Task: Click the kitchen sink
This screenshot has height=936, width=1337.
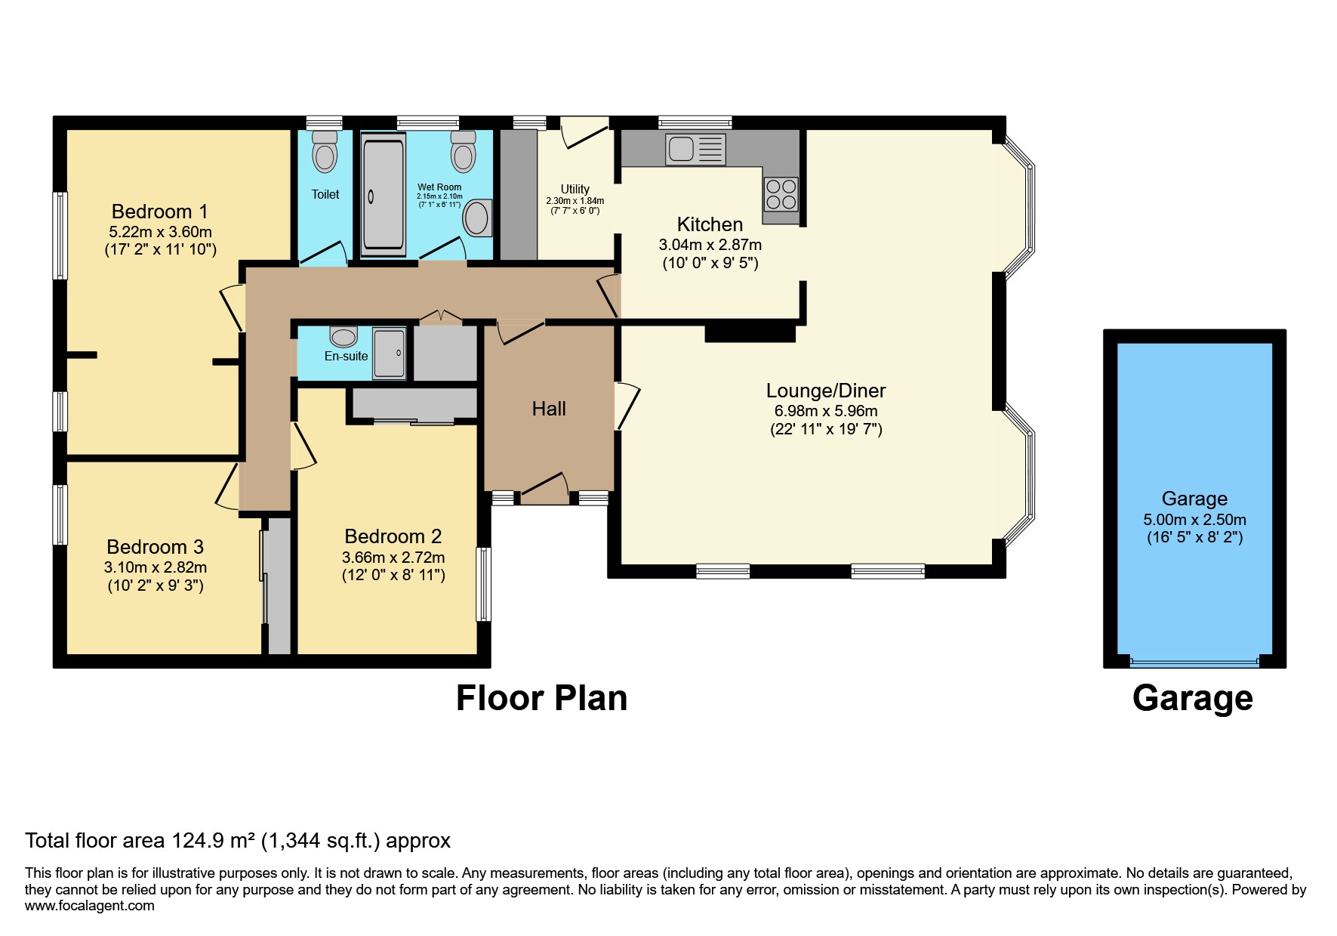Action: click(695, 149)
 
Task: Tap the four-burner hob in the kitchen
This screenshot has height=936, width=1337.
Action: click(781, 193)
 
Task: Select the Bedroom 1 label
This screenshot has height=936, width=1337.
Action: click(159, 212)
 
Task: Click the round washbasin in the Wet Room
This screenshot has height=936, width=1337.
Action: click(476, 218)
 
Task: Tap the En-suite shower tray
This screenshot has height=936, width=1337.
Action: click(389, 353)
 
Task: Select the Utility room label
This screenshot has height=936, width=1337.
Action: click(575, 189)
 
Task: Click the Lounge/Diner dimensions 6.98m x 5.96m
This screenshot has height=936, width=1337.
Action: click(826, 411)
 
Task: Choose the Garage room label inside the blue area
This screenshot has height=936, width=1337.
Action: click(1194, 499)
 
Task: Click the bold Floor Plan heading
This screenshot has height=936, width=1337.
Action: click(541, 698)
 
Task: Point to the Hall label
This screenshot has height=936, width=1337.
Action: click(549, 409)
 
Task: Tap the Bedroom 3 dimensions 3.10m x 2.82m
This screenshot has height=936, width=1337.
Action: click(156, 567)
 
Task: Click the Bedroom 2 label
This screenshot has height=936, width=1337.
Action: click(393, 536)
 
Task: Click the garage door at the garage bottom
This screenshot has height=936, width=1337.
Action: click(1194, 663)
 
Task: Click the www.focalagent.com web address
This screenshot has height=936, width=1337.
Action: click(89, 906)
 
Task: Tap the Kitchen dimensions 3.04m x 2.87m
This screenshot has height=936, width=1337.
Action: click(710, 245)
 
